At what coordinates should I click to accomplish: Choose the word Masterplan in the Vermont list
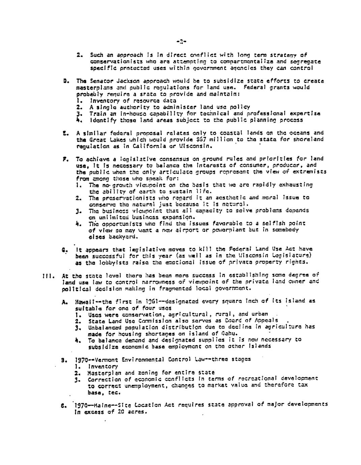point(103,372)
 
